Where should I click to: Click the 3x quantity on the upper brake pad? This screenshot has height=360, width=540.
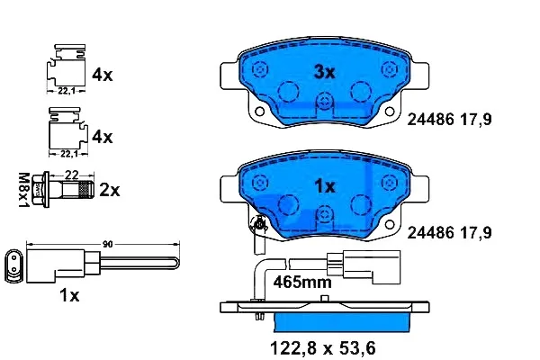[323, 71]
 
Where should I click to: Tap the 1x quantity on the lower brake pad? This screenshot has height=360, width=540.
[323, 186]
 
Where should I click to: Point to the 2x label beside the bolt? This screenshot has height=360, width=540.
[109, 190]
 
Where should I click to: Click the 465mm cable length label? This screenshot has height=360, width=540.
[302, 282]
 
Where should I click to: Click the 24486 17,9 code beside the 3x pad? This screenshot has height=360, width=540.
[450, 118]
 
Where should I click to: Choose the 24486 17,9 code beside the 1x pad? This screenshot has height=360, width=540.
[450, 232]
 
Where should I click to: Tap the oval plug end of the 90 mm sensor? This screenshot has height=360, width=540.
[14, 264]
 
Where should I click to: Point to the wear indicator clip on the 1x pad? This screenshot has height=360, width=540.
[258, 225]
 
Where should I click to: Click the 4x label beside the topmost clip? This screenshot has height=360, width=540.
[102, 76]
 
